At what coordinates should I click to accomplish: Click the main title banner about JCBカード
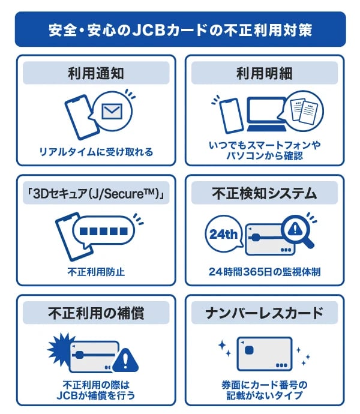point(181,29)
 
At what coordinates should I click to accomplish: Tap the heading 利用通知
point(96,73)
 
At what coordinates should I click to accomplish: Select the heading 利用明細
point(265,73)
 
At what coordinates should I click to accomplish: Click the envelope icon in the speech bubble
point(112,111)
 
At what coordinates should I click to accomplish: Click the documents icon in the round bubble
point(304,110)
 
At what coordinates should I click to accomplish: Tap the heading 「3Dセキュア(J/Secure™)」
point(96,193)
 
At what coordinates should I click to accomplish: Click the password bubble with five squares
point(104,232)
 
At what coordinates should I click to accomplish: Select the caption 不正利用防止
point(96,272)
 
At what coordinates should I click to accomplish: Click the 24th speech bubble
point(224,234)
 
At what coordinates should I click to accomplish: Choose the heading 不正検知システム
point(265,193)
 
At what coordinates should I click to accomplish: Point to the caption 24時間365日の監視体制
point(265,272)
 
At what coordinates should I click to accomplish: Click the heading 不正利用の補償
point(96,313)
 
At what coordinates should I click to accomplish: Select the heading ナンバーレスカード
point(265,313)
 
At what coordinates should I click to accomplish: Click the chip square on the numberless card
point(249,350)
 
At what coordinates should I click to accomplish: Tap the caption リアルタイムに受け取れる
point(96,152)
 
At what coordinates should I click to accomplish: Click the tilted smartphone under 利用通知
point(82,117)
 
